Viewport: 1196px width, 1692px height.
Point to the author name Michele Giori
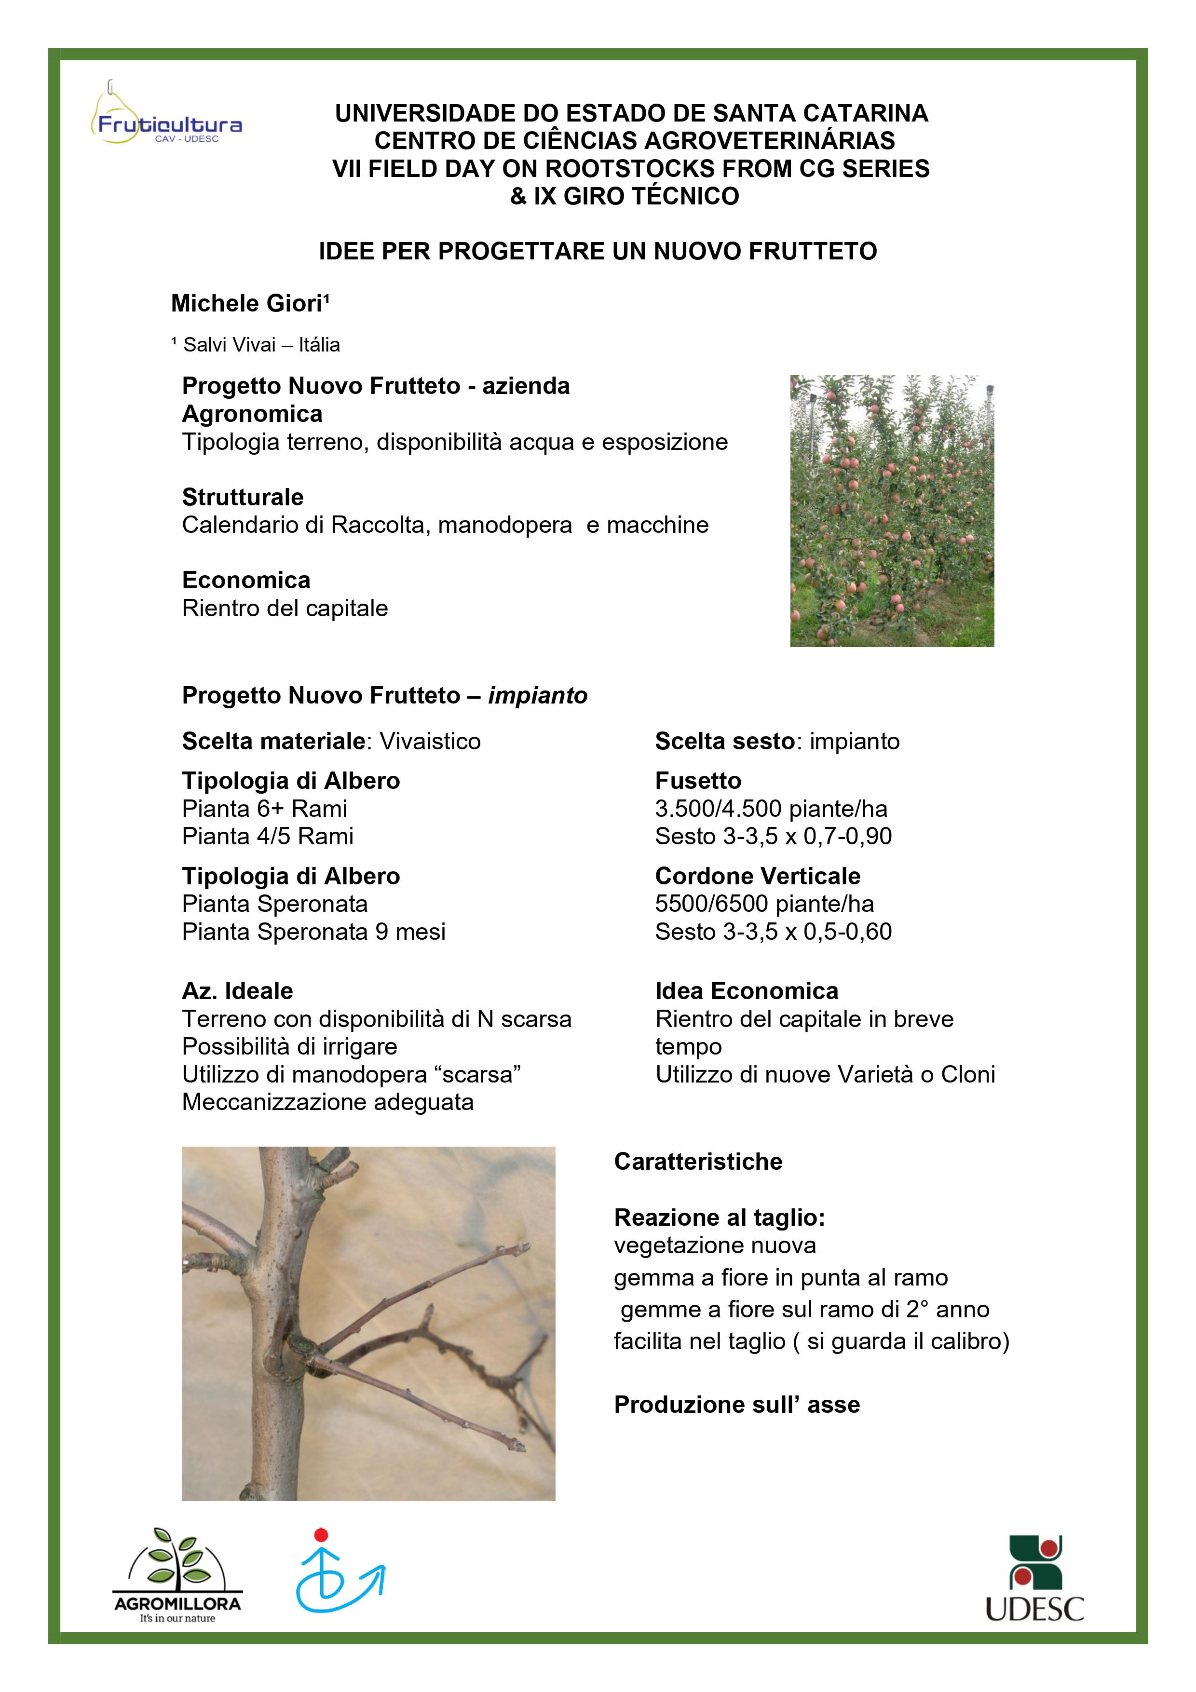pyautogui.click(x=250, y=304)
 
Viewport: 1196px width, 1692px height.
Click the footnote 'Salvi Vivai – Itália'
pyautogui.click(x=256, y=345)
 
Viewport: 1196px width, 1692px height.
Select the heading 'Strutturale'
pyautogui.click(x=243, y=498)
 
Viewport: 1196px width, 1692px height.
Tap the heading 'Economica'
pyautogui.click(x=246, y=581)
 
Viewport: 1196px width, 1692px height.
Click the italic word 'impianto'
pyautogui.click(x=537, y=696)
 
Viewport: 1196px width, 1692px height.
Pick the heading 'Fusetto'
pyautogui.click(x=698, y=781)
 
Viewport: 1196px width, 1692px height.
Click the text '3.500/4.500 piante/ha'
pyautogui.click(x=771, y=809)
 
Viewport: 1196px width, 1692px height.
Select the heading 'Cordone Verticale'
pyautogui.click(x=758, y=876)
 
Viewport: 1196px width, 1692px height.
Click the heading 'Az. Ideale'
pyautogui.click(x=237, y=991)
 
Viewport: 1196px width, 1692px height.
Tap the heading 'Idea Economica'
pyautogui.click(x=747, y=991)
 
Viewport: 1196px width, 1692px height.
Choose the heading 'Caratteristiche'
pyautogui.click(x=698, y=1162)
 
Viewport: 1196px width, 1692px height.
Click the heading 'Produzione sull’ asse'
pyautogui.click(x=737, y=1405)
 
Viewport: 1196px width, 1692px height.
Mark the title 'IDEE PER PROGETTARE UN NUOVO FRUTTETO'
pyautogui.click(x=598, y=251)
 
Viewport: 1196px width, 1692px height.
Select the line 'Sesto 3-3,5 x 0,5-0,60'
pyautogui.click(x=773, y=932)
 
